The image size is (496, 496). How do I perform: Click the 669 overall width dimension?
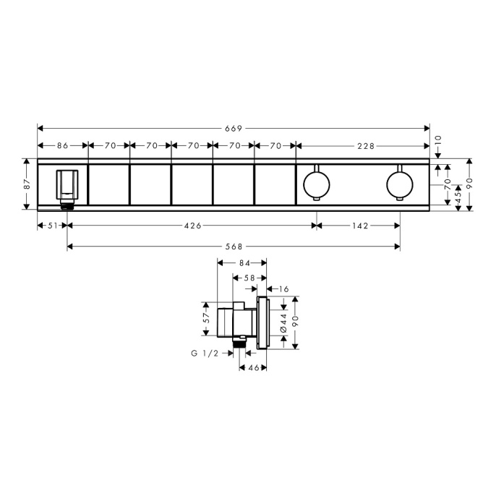234,129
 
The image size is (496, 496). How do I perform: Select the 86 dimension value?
63,145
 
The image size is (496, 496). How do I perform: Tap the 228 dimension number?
366,146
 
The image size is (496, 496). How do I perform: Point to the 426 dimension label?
192,226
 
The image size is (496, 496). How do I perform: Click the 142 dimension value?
360,226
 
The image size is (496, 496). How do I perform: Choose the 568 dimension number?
234,247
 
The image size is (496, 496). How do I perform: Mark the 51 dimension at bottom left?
53,226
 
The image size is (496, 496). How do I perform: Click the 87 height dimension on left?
27,184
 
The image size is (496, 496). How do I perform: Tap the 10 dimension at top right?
438,140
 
